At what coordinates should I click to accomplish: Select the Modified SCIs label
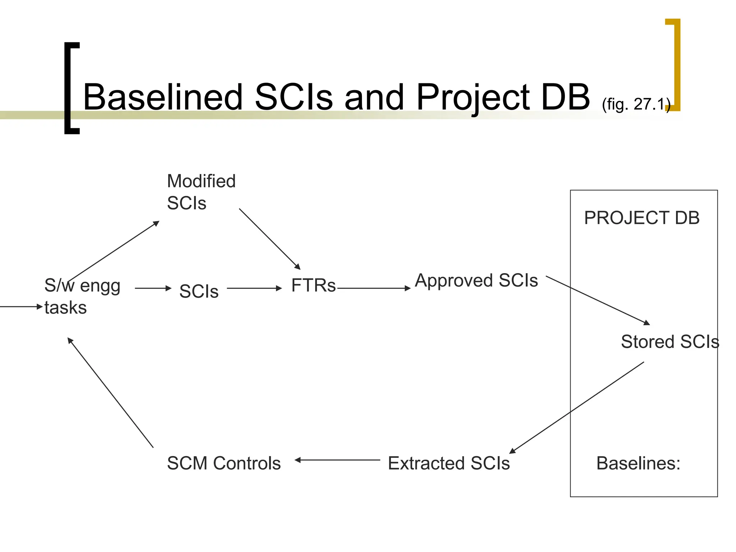pyautogui.click(x=201, y=192)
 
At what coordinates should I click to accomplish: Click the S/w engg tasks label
pyautogui.click(x=82, y=296)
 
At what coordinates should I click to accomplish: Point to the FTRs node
pyautogui.click(x=313, y=286)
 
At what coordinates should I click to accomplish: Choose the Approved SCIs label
pyautogui.click(x=476, y=280)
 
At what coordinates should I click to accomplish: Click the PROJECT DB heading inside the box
pyautogui.click(x=642, y=218)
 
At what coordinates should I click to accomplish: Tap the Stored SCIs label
pyautogui.click(x=670, y=341)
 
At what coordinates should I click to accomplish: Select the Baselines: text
pyautogui.click(x=638, y=463)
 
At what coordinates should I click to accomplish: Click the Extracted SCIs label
pyautogui.click(x=449, y=463)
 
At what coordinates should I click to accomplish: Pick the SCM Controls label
pyautogui.click(x=224, y=463)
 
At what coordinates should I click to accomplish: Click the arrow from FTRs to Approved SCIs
pyautogui.click(x=374, y=288)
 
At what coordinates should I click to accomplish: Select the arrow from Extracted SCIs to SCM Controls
pyautogui.click(x=337, y=460)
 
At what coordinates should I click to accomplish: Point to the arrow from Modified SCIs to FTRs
pyautogui.click(x=270, y=239)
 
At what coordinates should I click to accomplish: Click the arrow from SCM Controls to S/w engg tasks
pyautogui.click(x=110, y=392)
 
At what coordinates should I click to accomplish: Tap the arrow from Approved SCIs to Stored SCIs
pyautogui.click(x=598, y=300)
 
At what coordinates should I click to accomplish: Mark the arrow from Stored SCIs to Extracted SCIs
pyautogui.click(x=577, y=408)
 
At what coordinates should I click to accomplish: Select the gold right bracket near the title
pyautogui.click(x=676, y=65)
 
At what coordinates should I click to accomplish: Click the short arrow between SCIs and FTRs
pyautogui.click(x=254, y=288)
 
